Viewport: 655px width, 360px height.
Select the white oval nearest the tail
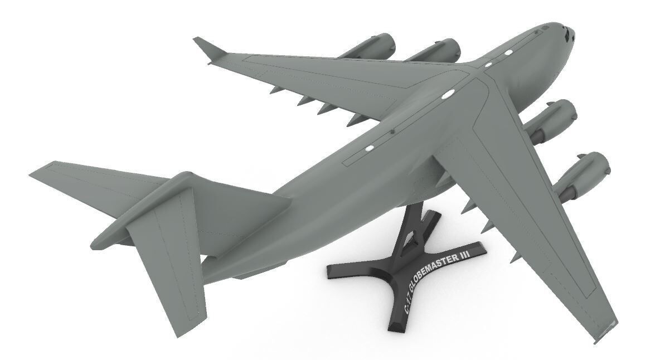point(368,148)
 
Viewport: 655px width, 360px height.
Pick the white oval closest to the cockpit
point(508,53)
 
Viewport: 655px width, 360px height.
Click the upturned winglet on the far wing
point(209,48)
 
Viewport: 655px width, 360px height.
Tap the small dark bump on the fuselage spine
point(393,132)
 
